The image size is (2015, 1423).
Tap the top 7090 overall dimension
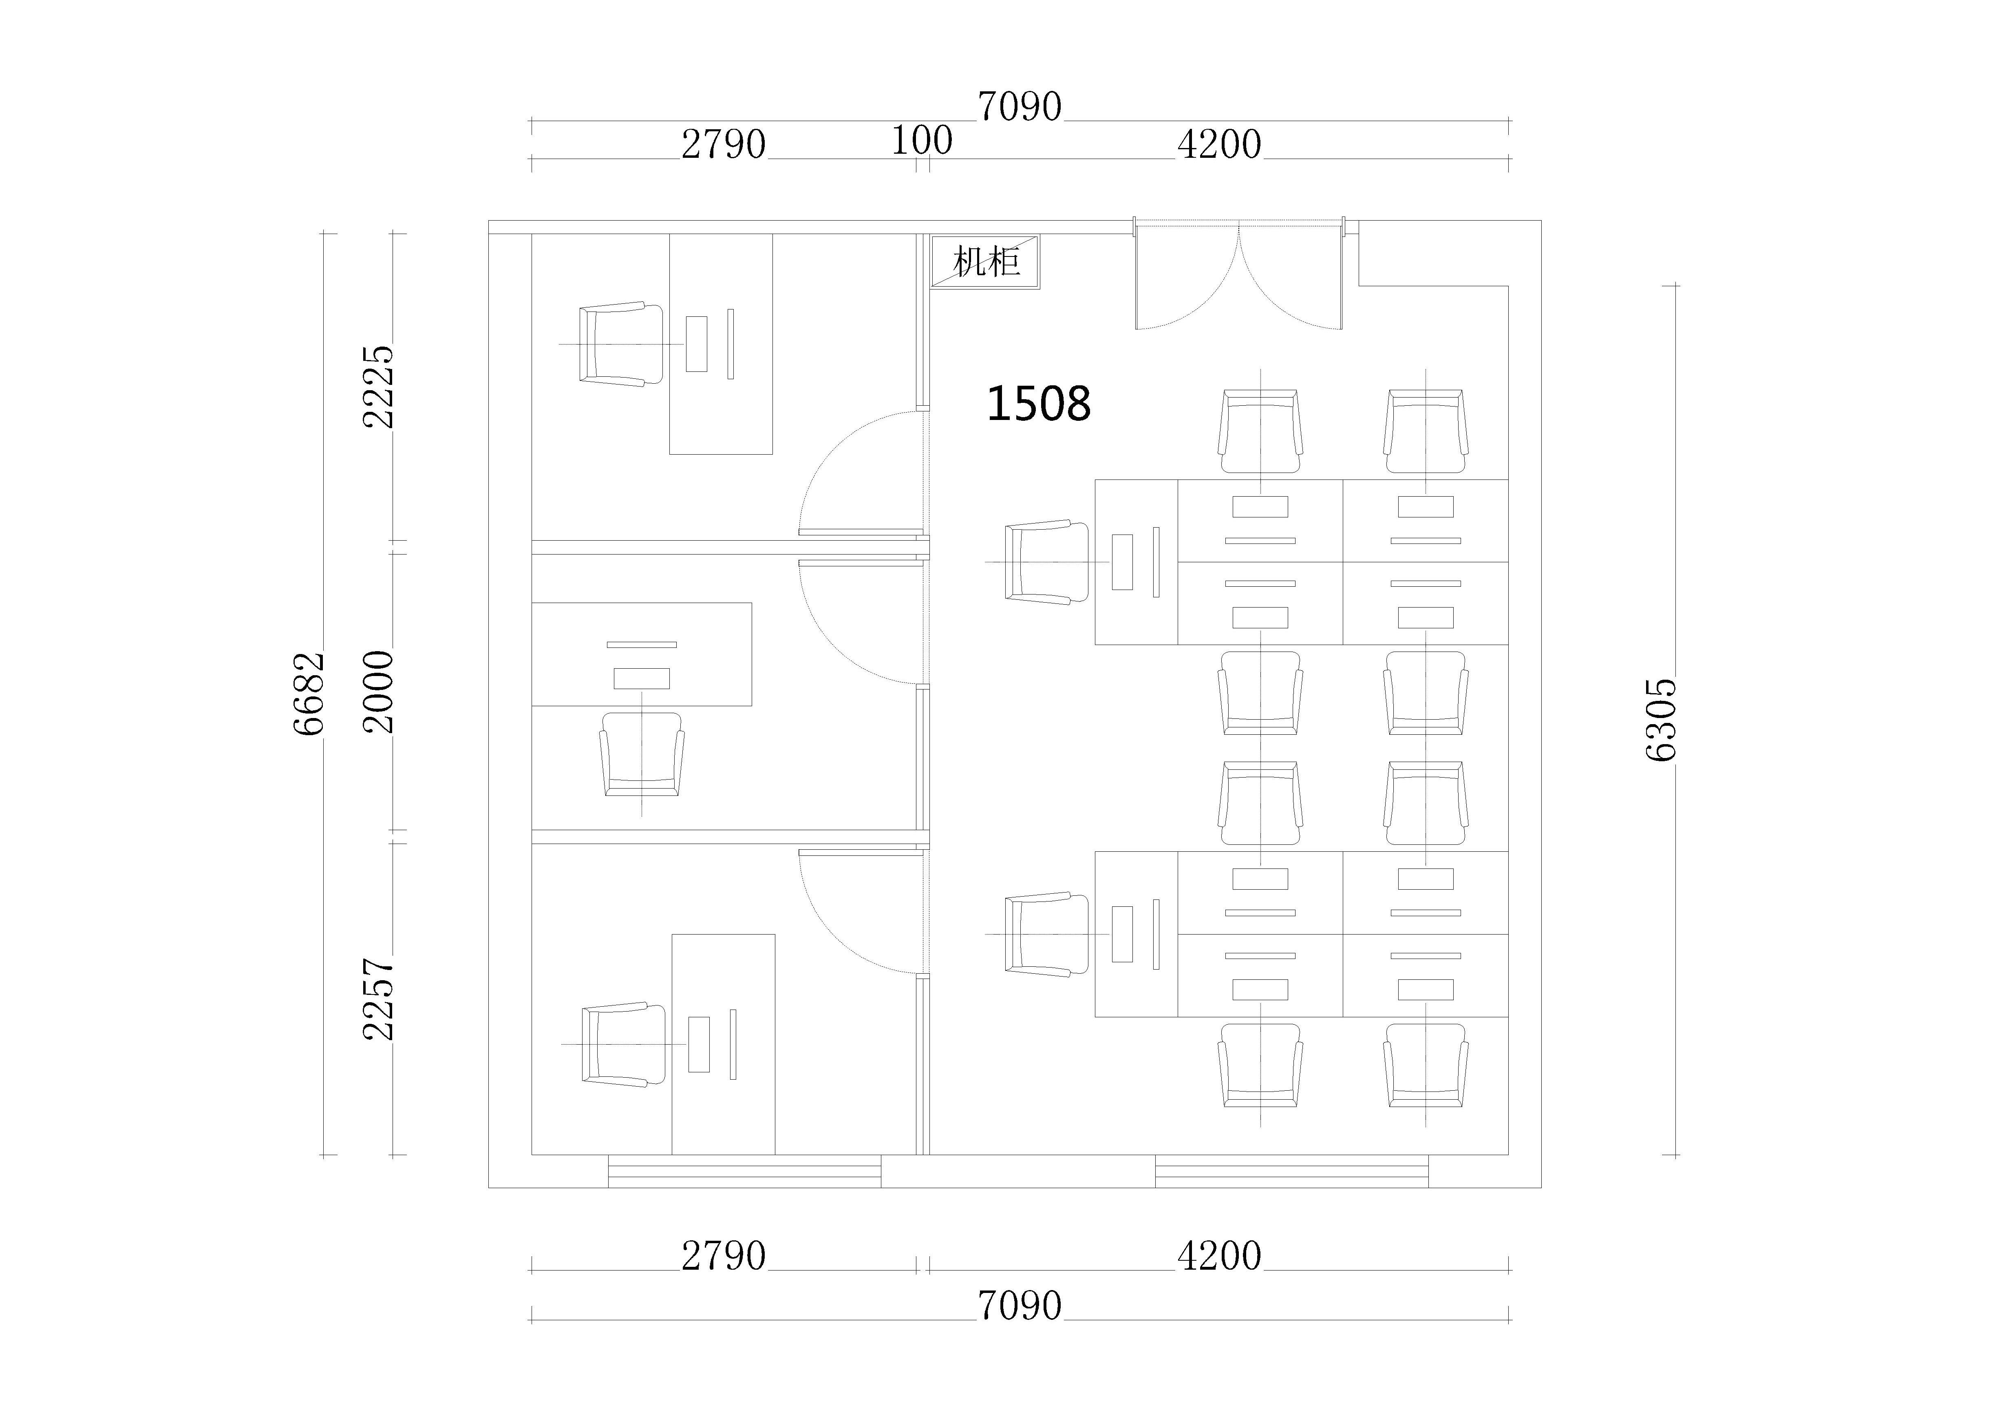[1020, 107]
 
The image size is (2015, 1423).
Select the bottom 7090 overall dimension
[1020, 1306]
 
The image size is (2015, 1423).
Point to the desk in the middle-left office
[642, 654]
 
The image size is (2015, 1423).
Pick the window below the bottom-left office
[744, 1171]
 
